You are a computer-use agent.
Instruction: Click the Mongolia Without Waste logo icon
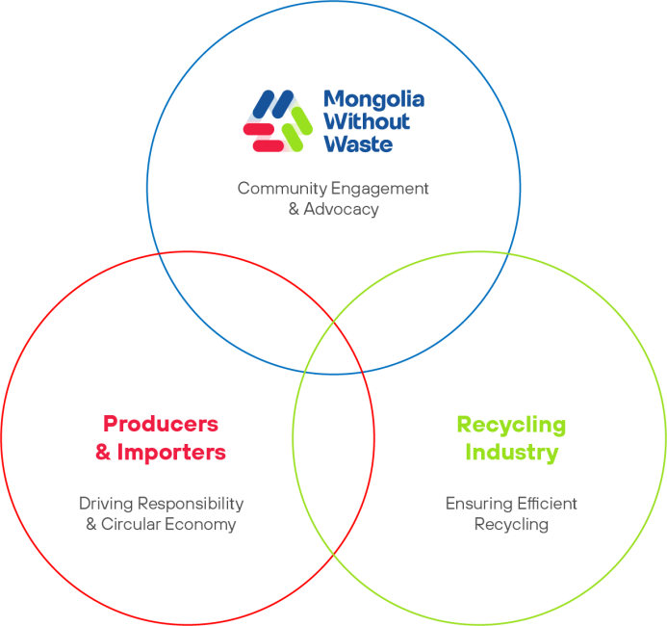pyautogui.click(x=276, y=121)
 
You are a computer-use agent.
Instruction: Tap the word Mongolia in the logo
pyautogui.click(x=373, y=99)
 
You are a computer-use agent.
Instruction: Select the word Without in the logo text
pyautogui.click(x=366, y=121)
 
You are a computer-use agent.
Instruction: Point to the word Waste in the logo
pyautogui.click(x=358, y=143)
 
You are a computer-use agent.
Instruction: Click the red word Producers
pyautogui.click(x=161, y=424)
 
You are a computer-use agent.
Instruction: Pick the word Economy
pyautogui.click(x=205, y=525)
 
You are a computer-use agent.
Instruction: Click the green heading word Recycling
pyautogui.click(x=510, y=425)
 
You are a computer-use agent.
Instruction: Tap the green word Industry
pyautogui.click(x=511, y=452)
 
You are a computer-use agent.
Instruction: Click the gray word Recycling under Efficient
pyautogui.click(x=511, y=525)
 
